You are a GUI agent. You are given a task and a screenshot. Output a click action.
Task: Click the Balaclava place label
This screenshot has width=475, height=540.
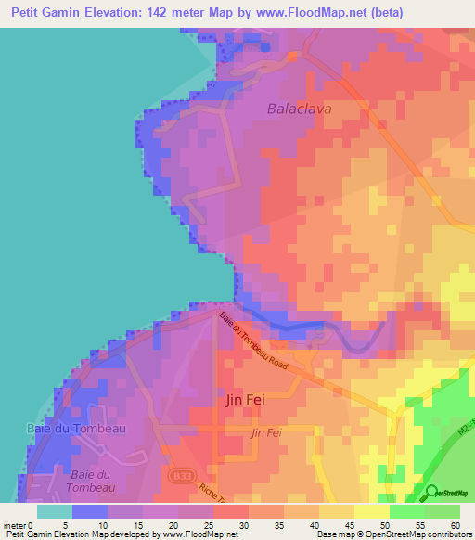click(299, 108)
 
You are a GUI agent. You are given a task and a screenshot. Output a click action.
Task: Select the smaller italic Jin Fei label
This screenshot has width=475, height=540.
click(266, 432)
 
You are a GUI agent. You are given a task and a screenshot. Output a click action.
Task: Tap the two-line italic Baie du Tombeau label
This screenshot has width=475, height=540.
click(90, 481)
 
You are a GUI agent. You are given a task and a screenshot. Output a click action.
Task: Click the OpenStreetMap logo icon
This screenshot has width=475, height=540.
click(430, 492)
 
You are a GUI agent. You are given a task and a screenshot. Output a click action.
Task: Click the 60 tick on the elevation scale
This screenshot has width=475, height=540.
click(455, 525)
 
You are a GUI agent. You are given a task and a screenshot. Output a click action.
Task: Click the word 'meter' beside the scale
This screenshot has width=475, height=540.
click(15, 525)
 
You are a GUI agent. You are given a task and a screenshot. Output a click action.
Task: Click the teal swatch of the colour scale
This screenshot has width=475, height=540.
click(54, 511)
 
